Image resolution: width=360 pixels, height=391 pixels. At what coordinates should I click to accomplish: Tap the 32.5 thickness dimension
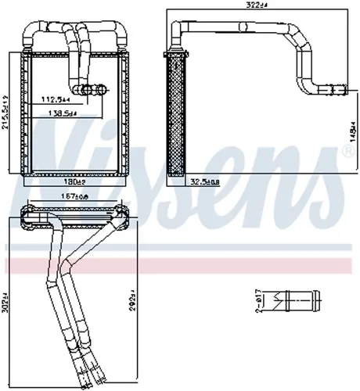(x=205, y=183)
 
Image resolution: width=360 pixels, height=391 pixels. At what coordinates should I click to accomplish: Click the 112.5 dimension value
(x=55, y=100)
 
